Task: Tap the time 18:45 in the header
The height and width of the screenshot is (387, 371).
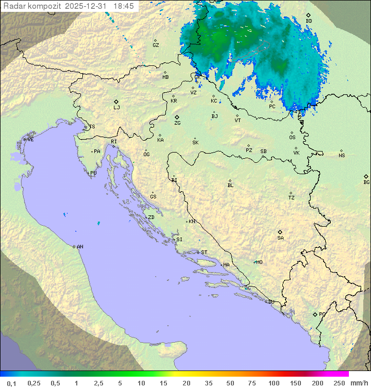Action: pyautogui.click(x=123, y=6)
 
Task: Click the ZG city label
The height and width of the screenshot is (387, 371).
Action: pyautogui.click(x=177, y=123)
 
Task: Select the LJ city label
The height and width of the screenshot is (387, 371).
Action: pyautogui.click(x=116, y=107)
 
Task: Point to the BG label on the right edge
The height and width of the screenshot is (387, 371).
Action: pyautogui.click(x=366, y=182)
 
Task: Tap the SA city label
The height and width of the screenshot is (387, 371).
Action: pyautogui.click(x=280, y=238)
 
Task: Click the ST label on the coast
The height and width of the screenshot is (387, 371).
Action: pyautogui.click(x=204, y=253)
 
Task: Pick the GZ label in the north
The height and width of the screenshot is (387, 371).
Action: pyautogui.click(x=156, y=45)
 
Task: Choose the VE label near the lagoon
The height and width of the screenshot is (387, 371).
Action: pyautogui.click(x=30, y=140)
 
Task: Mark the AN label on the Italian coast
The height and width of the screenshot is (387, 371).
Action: pyautogui.click(x=80, y=247)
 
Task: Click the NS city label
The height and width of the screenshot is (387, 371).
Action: pyautogui.click(x=342, y=155)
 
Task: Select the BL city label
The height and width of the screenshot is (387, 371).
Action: pyautogui.click(x=230, y=185)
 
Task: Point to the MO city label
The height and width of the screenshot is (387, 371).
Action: pyautogui.click(x=259, y=262)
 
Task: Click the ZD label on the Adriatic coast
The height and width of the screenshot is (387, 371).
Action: pyautogui.click(x=151, y=217)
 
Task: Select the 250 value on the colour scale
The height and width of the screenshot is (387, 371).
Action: pyautogui.click(x=339, y=383)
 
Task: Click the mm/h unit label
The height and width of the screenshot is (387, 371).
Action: pyautogui.click(x=359, y=383)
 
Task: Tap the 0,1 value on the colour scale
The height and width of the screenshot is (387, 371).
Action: pyautogui.click(x=11, y=383)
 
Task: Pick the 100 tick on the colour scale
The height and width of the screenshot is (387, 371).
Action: pyautogui.click(x=274, y=383)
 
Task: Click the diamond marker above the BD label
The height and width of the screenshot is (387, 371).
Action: pyautogui.click(x=308, y=15)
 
